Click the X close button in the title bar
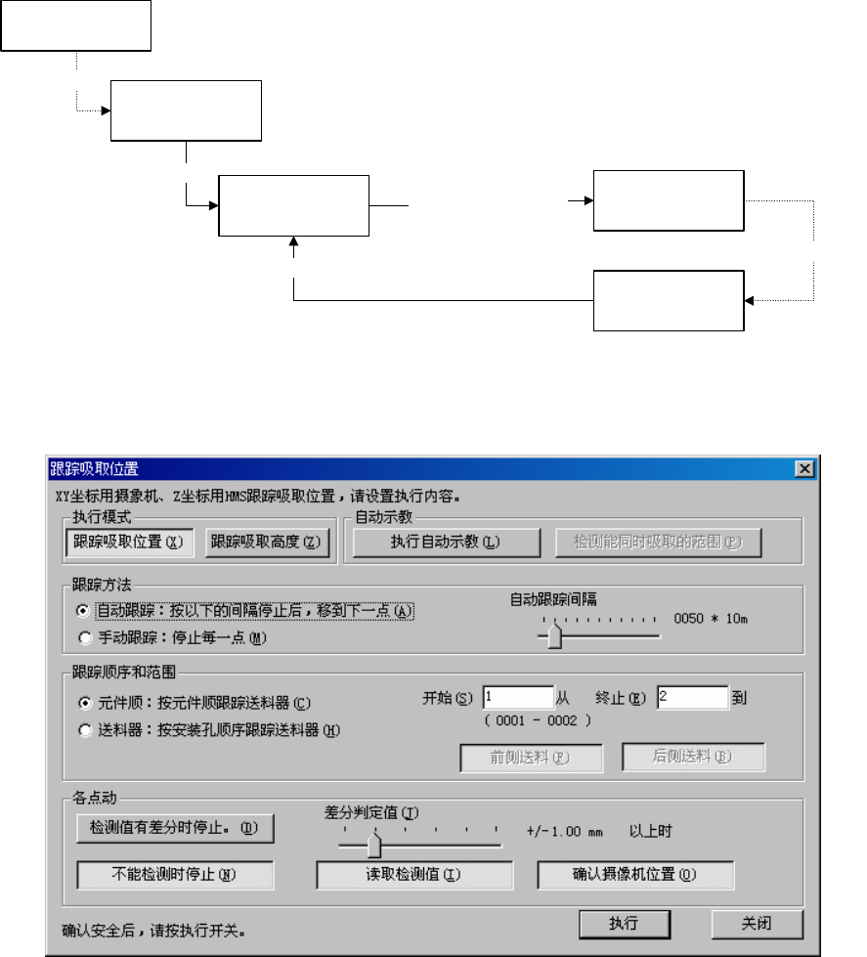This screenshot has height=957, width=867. (805, 469)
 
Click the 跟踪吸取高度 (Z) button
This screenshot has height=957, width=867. (267, 542)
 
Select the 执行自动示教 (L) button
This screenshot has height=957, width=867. (446, 542)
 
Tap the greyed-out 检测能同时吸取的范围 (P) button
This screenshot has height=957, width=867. (659, 542)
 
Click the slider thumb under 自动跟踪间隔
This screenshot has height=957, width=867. (555, 637)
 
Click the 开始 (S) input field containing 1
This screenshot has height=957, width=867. (517, 698)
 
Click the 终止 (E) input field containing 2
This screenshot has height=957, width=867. (692, 698)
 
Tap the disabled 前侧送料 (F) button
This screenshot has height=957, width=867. (532, 757)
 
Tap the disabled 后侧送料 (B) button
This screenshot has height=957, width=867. (694, 757)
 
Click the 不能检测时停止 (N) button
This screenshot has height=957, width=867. (175, 874)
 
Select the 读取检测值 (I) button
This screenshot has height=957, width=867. (414, 874)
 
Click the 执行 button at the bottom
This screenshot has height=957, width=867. (624, 923)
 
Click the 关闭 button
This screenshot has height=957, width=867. (757, 923)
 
